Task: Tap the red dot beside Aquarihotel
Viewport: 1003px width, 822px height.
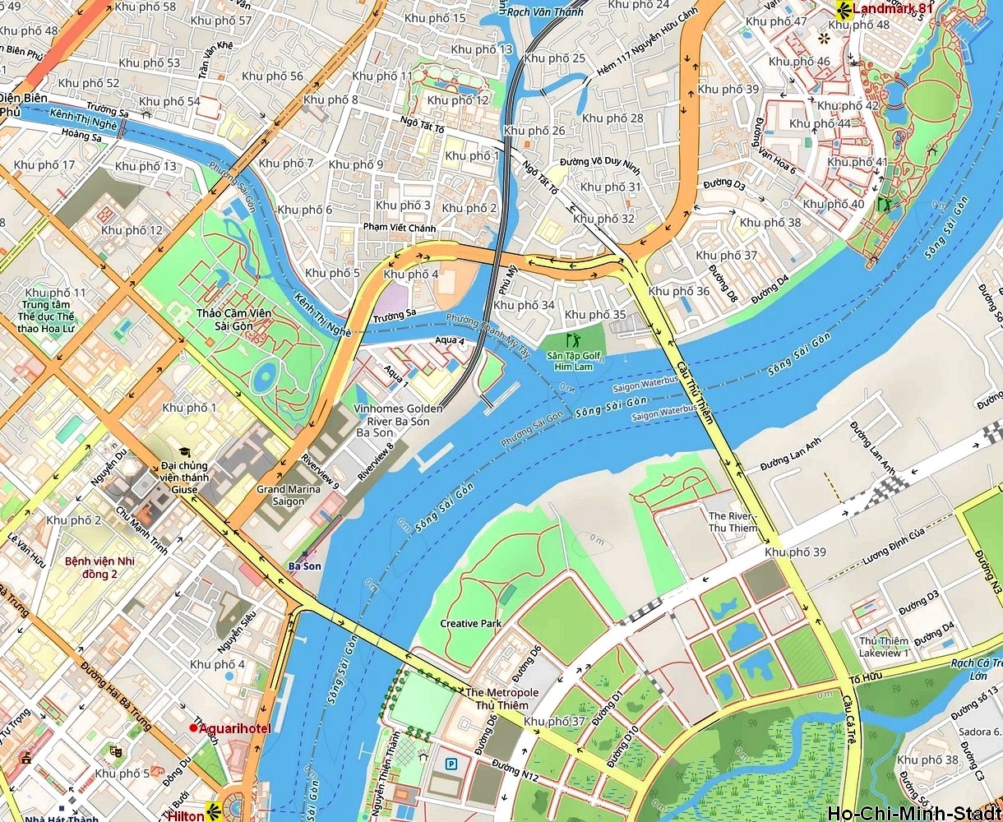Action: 193,727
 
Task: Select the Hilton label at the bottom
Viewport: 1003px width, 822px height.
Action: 185,815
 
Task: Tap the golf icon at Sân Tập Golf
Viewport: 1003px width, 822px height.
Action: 574,339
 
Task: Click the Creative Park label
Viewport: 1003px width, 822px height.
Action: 470,624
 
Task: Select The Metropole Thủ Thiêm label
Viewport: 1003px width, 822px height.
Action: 501,699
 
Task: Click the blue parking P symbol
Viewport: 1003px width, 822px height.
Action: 451,764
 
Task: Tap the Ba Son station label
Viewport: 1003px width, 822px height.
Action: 305,566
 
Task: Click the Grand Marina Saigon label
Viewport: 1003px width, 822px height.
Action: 283,495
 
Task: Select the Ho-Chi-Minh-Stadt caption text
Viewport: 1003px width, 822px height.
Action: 914,814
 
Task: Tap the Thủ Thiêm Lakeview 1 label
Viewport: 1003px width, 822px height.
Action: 885,647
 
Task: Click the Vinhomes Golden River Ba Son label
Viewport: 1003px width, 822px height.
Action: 398,420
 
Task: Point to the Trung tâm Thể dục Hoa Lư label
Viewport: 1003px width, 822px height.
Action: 48,316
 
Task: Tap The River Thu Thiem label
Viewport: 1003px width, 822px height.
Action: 733,522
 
